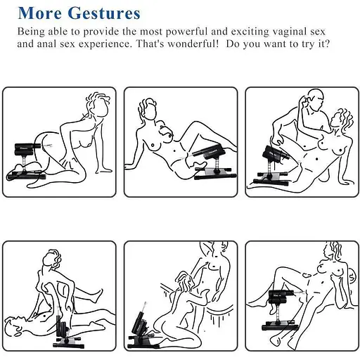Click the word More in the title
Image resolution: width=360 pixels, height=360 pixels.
pyautogui.click(x=39, y=13)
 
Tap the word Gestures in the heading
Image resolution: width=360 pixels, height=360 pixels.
pyautogui.click(x=104, y=13)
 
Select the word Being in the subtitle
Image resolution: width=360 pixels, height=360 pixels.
pyautogui.click(x=31, y=32)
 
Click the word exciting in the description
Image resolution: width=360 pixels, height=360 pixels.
pyautogui.click(x=250, y=32)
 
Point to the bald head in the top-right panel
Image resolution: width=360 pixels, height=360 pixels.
pyautogui.click(x=315, y=100)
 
